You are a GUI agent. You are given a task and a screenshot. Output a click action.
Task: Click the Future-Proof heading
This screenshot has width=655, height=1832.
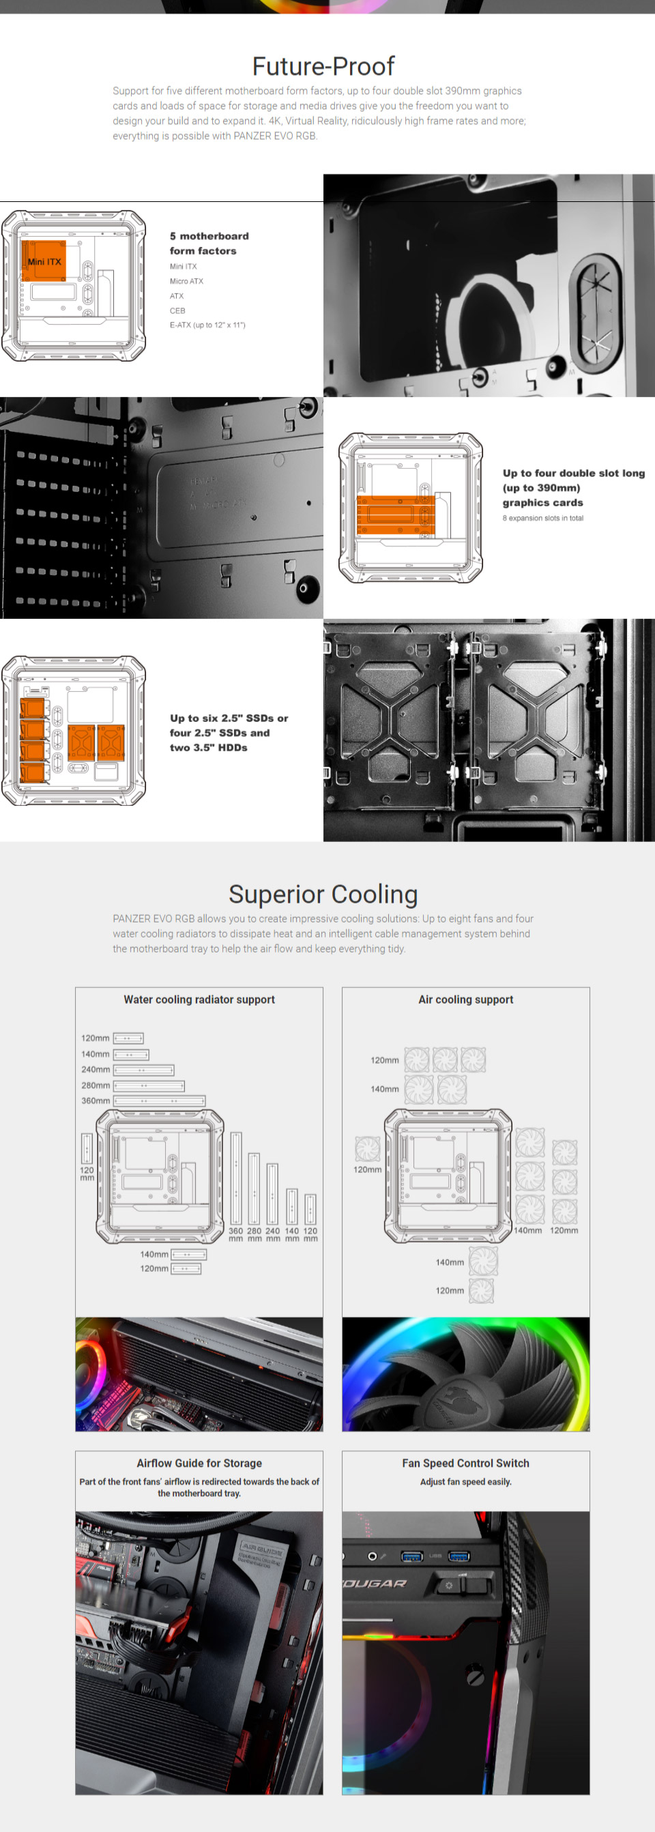click(x=323, y=66)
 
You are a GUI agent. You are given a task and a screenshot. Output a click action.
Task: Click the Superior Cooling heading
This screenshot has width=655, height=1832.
click(x=323, y=894)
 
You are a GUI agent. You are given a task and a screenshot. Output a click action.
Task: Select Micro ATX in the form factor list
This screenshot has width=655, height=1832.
click(x=186, y=281)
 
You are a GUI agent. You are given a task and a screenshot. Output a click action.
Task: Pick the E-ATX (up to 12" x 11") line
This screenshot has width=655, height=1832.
click(x=207, y=325)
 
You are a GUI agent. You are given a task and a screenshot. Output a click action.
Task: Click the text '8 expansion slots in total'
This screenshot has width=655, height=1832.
click(x=542, y=518)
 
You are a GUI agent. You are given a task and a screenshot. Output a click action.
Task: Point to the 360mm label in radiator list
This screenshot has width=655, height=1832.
click(x=96, y=1100)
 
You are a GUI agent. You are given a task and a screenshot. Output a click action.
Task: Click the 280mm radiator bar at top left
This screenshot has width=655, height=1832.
click(x=149, y=1086)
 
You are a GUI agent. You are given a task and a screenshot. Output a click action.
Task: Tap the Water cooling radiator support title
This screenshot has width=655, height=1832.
click(x=199, y=999)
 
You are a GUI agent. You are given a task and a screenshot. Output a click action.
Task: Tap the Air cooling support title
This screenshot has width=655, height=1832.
click(x=466, y=999)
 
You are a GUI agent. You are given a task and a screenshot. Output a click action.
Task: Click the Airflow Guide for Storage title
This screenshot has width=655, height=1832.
click(x=199, y=1463)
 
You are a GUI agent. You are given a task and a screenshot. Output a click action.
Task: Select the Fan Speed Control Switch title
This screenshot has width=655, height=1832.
click(x=466, y=1463)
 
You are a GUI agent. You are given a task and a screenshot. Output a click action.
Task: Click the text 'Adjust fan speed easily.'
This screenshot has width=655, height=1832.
click(x=466, y=1481)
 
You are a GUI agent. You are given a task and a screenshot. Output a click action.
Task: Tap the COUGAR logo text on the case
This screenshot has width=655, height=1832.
click(x=375, y=1583)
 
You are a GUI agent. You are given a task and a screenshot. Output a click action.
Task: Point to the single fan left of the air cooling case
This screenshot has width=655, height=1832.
click(x=368, y=1147)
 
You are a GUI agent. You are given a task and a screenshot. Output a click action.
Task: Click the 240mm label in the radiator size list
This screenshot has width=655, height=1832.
click(x=96, y=1069)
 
